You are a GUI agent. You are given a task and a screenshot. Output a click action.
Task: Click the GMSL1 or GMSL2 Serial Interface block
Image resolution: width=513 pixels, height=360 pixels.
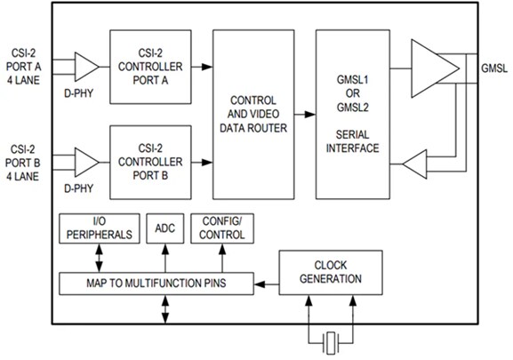click(x=353, y=114)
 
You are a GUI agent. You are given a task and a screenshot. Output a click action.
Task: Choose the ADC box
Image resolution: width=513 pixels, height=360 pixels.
click(x=164, y=228)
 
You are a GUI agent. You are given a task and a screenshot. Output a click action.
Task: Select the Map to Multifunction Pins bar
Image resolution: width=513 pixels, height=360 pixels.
click(x=155, y=284)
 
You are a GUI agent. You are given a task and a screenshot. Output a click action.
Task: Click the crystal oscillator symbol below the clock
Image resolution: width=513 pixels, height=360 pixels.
click(x=330, y=340)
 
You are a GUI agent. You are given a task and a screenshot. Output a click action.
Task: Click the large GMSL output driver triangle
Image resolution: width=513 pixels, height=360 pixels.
click(x=435, y=66)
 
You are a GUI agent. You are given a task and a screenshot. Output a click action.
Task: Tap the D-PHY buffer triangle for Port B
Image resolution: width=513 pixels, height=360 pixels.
click(x=86, y=163)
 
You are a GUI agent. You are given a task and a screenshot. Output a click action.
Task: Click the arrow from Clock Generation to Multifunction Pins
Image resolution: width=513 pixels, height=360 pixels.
click(x=266, y=284)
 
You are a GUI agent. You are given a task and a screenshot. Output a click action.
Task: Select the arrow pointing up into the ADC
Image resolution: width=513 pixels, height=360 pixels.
click(x=164, y=259)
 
